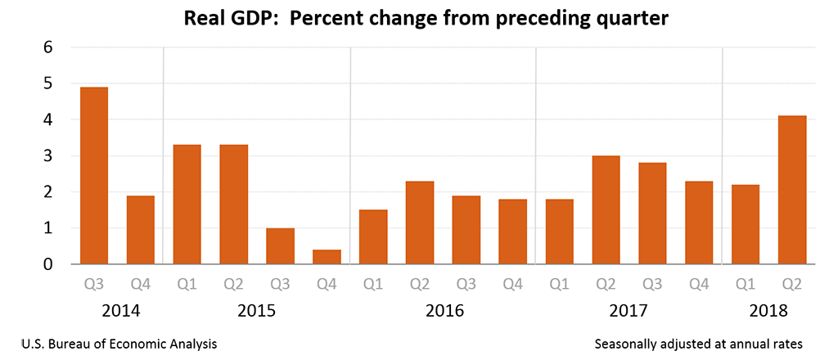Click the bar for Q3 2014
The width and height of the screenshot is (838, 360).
tap(93, 175)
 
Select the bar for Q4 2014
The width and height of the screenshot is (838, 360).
tap(140, 230)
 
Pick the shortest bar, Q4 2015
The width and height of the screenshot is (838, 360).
tap(327, 257)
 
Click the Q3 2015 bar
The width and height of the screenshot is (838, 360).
tap(280, 246)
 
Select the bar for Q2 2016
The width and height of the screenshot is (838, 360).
tap(420, 223)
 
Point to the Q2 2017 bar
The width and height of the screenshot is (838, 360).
tap(606, 209)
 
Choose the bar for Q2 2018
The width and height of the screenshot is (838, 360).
tap(792, 190)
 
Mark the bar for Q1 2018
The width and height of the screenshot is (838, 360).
tap(746, 224)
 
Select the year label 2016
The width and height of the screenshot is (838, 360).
tap(443, 311)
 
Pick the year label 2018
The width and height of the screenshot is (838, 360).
tap(768, 311)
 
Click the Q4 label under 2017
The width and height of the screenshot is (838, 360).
tap(699, 285)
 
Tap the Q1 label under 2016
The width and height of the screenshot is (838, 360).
tap(373, 285)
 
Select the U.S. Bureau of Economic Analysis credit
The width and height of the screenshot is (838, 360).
tap(115, 344)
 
